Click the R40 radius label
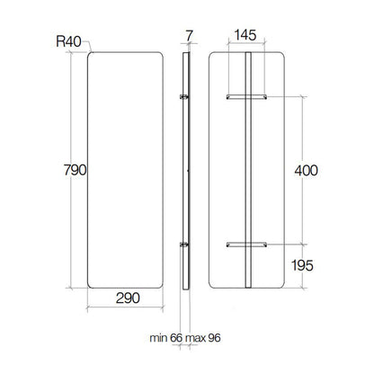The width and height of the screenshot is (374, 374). pyautogui.click(x=68, y=41)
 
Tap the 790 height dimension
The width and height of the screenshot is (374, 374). pyautogui.click(x=75, y=170)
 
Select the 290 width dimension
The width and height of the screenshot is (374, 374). pyautogui.click(x=128, y=298)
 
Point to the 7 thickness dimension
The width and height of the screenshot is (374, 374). pyautogui.click(x=189, y=36)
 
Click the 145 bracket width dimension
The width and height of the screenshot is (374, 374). pyautogui.click(x=245, y=35)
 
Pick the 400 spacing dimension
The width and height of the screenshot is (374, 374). pyautogui.click(x=306, y=171)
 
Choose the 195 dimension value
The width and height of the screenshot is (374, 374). pyautogui.click(x=302, y=265)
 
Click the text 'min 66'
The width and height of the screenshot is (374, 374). pyautogui.click(x=166, y=338)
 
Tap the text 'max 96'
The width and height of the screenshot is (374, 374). pyautogui.click(x=203, y=338)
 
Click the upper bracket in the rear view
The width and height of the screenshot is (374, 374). pyautogui.click(x=246, y=97)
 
